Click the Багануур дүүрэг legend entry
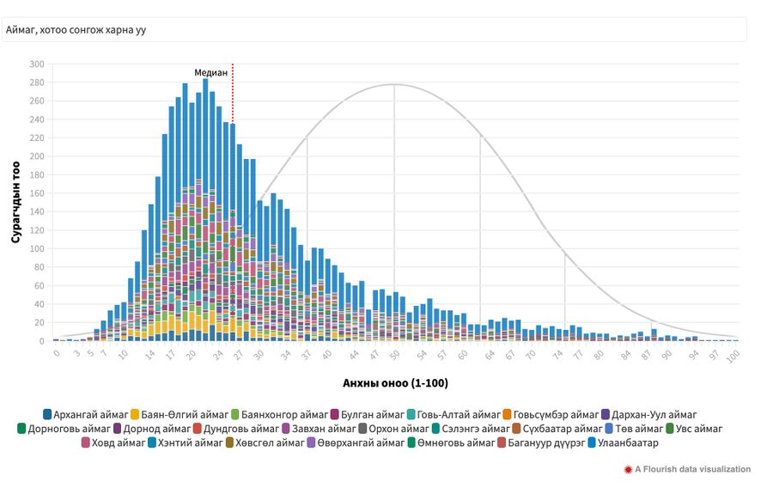coord(539,443)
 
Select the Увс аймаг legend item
coord(693,429)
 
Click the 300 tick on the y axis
coord(37,64)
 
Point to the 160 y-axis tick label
coord(37,193)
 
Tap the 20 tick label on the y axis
coord(40,322)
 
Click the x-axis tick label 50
coord(395,354)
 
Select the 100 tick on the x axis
coord(732,354)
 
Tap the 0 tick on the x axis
coord(57,354)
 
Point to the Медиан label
coord(210,73)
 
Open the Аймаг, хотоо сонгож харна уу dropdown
coord(375,30)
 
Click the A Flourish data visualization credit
coord(692,469)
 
